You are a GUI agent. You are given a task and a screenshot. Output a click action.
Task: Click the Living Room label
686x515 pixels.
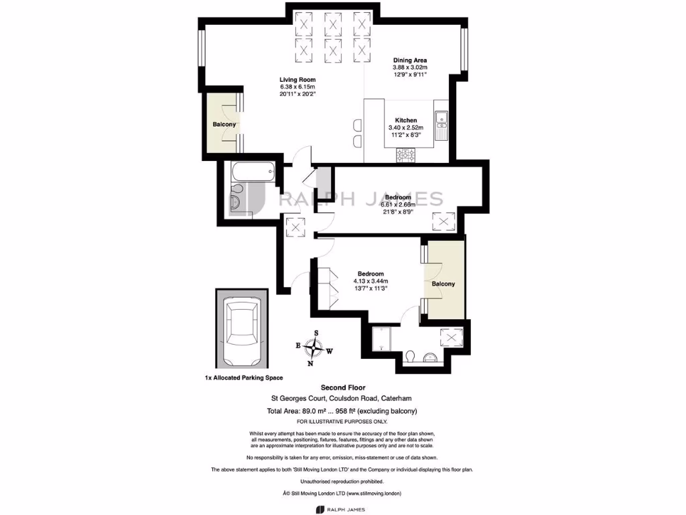[297, 80]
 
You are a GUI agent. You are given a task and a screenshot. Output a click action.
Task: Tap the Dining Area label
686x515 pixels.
[410, 60]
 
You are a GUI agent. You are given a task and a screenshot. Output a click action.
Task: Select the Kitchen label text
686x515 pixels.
[405, 121]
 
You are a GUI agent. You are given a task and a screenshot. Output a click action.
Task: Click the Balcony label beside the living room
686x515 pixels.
[224, 125]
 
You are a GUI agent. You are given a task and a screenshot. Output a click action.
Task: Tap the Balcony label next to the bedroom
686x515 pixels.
[443, 284]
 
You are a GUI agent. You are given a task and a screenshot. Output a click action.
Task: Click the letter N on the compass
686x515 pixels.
[310, 364]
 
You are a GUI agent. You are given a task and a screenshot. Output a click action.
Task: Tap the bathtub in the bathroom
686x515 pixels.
[251, 172]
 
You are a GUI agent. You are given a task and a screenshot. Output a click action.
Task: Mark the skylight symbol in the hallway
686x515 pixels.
[295, 227]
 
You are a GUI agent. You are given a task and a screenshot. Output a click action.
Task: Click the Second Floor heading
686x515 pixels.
[342, 388]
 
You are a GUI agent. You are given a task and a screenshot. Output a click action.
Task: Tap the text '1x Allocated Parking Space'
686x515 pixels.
[244, 378]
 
